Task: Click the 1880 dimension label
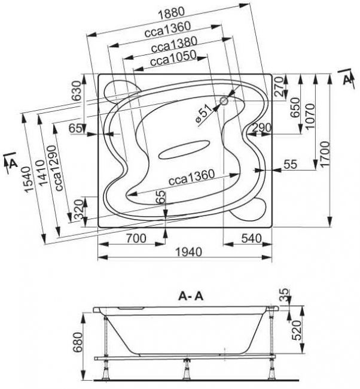click(x=172, y=14)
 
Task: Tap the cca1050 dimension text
click(x=173, y=59)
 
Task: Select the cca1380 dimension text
click(x=174, y=45)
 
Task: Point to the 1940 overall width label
click(x=189, y=252)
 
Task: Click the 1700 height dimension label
click(x=325, y=154)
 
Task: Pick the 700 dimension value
click(x=136, y=239)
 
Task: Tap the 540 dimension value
click(x=251, y=238)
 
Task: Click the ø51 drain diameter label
click(x=203, y=114)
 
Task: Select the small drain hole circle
click(x=224, y=101)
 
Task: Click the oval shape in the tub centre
click(x=184, y=150)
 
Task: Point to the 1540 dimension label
click(x=28, y=180)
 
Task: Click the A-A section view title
click(x=191, y=296)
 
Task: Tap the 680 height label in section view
click(x=78, y=342)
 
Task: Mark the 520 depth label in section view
click(x=296, y=330)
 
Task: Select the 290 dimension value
click(x=262, y=128)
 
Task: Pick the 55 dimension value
click(x=290, y=164)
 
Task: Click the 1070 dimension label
click(x=310, y=116)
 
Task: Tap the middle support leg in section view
click(x=186, y=372)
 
